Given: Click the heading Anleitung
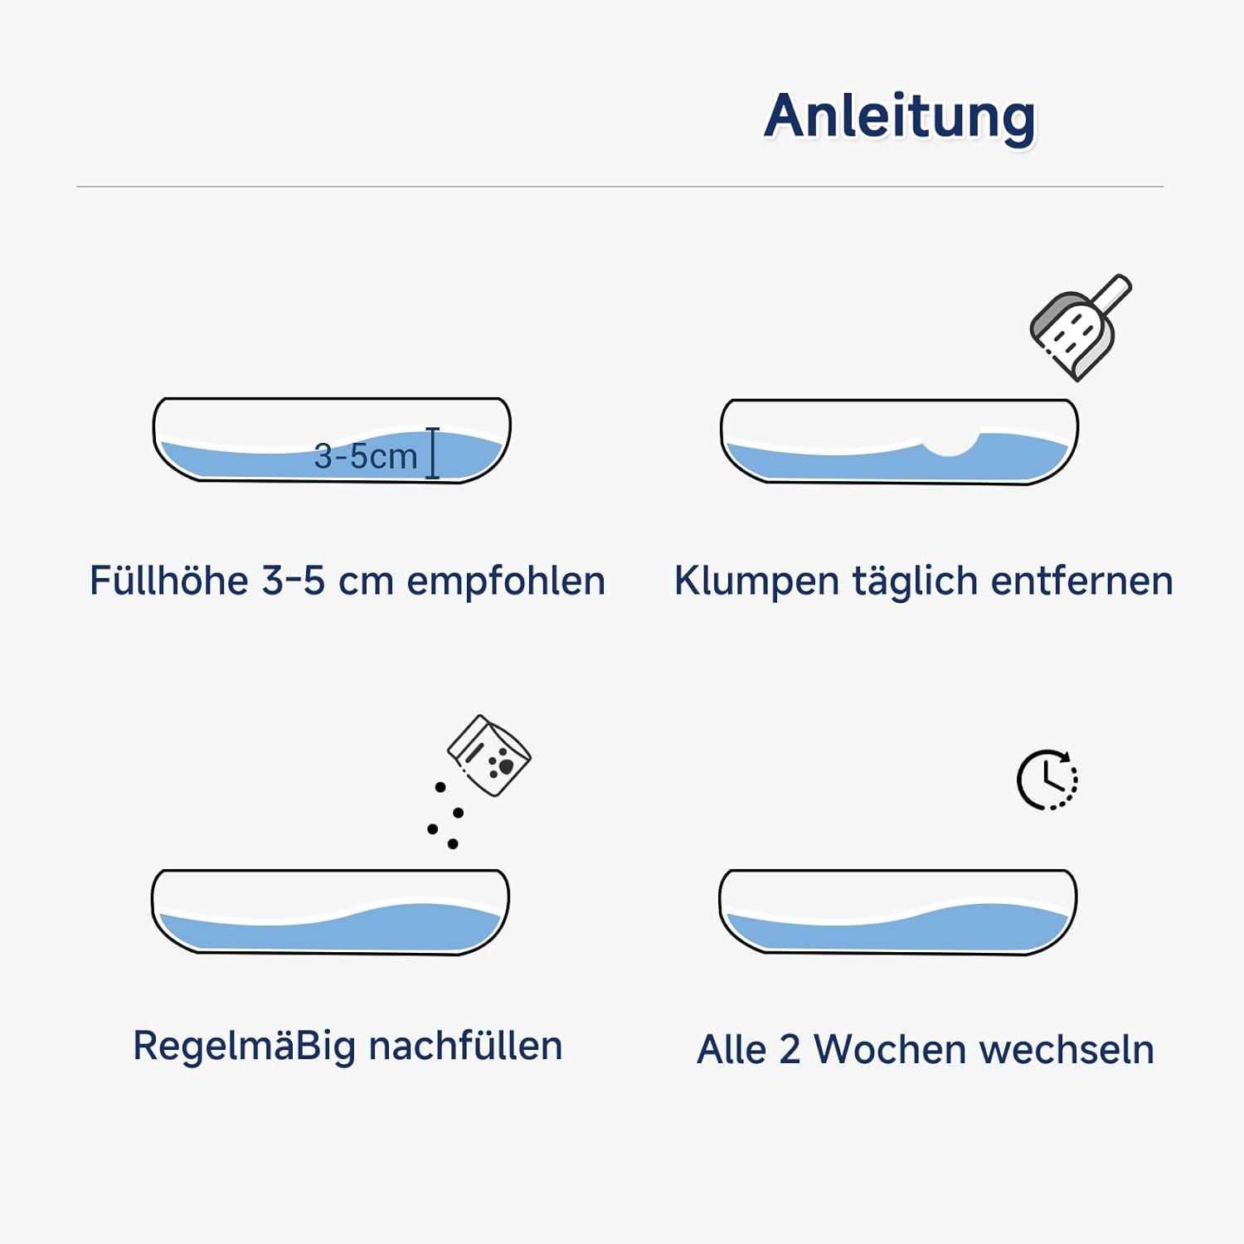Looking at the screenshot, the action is pyautogui.click(x=900, y=118).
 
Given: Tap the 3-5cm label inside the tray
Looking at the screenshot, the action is pyautogui.click(x=366, y=456).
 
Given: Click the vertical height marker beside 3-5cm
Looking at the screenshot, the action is pyautogui.click(x=432, y=453).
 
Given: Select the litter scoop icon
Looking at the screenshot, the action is pyautogui.click(x=1081, y=328).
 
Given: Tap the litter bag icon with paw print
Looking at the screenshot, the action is pyautogui.click(x=489, y=756).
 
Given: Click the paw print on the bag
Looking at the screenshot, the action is pyautogui.click(x=501, y=765).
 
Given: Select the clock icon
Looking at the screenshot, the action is pyautogui.click(x=1047, y=780).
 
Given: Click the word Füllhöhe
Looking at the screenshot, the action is pyautogui.click(x=168, y=581).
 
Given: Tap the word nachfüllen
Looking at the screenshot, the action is pyautogui.click(x=465, y=1046).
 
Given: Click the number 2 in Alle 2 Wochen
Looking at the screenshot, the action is pyautogui.click(x=789, y=1050).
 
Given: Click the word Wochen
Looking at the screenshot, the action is pyautogui.click(x=890, y=1049).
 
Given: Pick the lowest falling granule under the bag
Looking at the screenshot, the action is pyautogui.click(x=453, y=844).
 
